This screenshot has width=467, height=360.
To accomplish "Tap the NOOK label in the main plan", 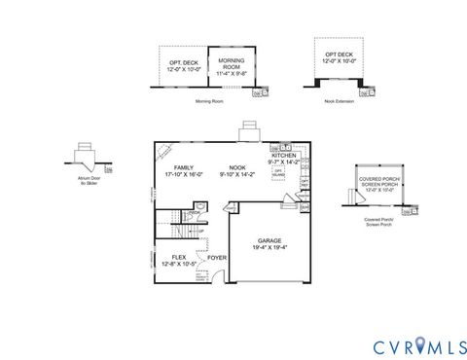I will (x=236, y=167).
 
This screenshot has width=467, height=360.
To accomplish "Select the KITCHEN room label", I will (x=285, y=156).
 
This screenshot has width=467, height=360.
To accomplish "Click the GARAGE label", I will (x=269, y=239).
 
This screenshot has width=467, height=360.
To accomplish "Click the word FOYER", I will (x=216, y=258).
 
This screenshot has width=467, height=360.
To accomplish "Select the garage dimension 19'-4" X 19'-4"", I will (x=269, y=247).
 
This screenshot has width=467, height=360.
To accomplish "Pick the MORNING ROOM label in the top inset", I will (x=232, y=62).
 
